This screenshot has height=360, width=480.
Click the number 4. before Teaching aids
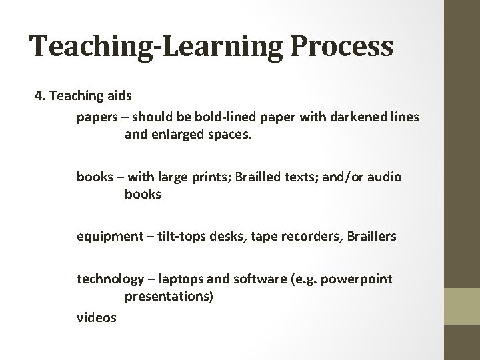pyautogui.click(x=40, y=96)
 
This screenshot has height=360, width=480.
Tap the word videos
pyautogui.click(x=96, y=318)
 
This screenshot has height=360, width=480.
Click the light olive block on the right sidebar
pyautogui.click(x=463, y=306)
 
